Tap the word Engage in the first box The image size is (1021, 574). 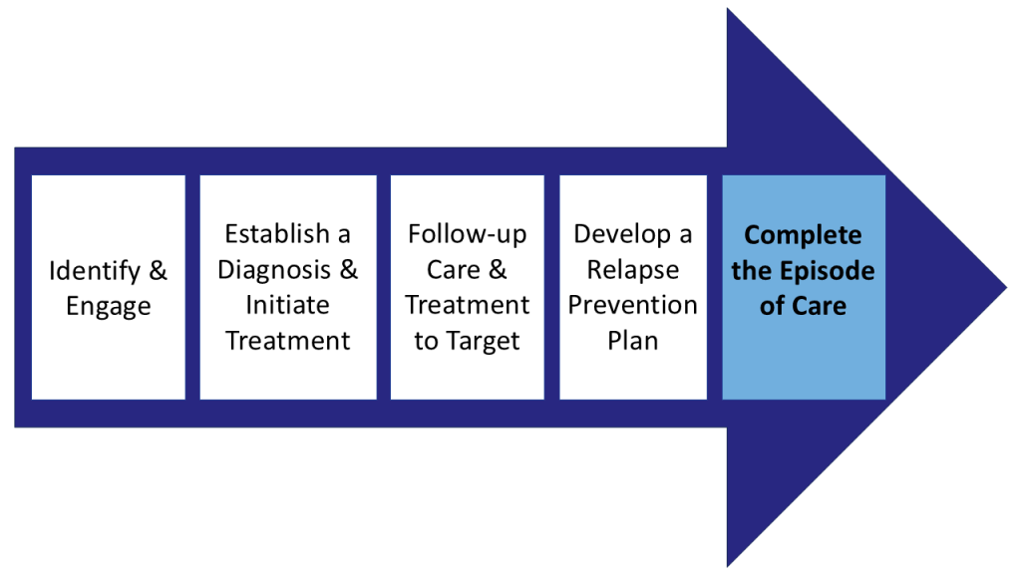pos(108,306)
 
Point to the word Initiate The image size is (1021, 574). pos(288,305)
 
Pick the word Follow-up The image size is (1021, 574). pos(467,234)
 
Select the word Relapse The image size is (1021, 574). pos(632,270)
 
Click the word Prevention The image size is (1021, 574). pos(632,305)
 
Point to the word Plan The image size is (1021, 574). pos(632,341)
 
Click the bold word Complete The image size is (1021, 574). pos(803,235)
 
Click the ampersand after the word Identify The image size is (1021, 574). pos(158,270)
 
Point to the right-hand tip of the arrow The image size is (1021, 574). pos(1005,288)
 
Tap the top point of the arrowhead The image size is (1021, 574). pos(729,9)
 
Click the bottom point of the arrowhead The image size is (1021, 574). pos(729,565)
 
